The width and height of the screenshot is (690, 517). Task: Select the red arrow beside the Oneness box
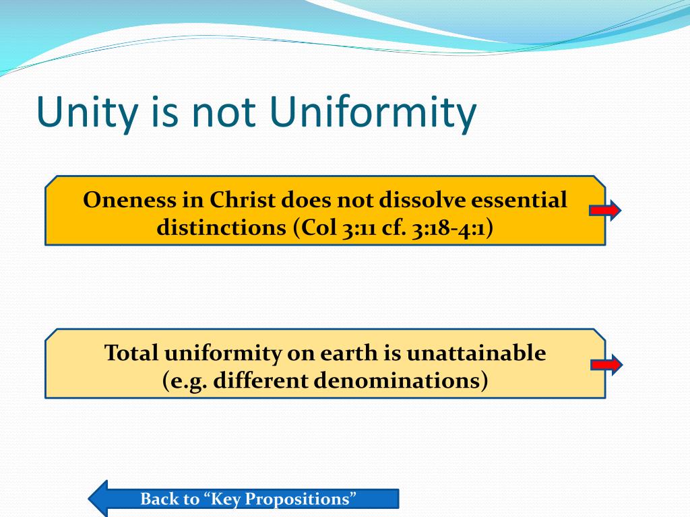coord(604,211)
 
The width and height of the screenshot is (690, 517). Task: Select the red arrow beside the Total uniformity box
coord(606,366)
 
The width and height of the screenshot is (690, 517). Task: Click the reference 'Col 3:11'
coord(333,228)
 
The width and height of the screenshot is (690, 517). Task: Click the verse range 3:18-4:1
coord(445,228)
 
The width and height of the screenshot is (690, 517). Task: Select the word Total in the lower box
coord(131,353)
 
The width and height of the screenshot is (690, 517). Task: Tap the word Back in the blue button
coord(160,499)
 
